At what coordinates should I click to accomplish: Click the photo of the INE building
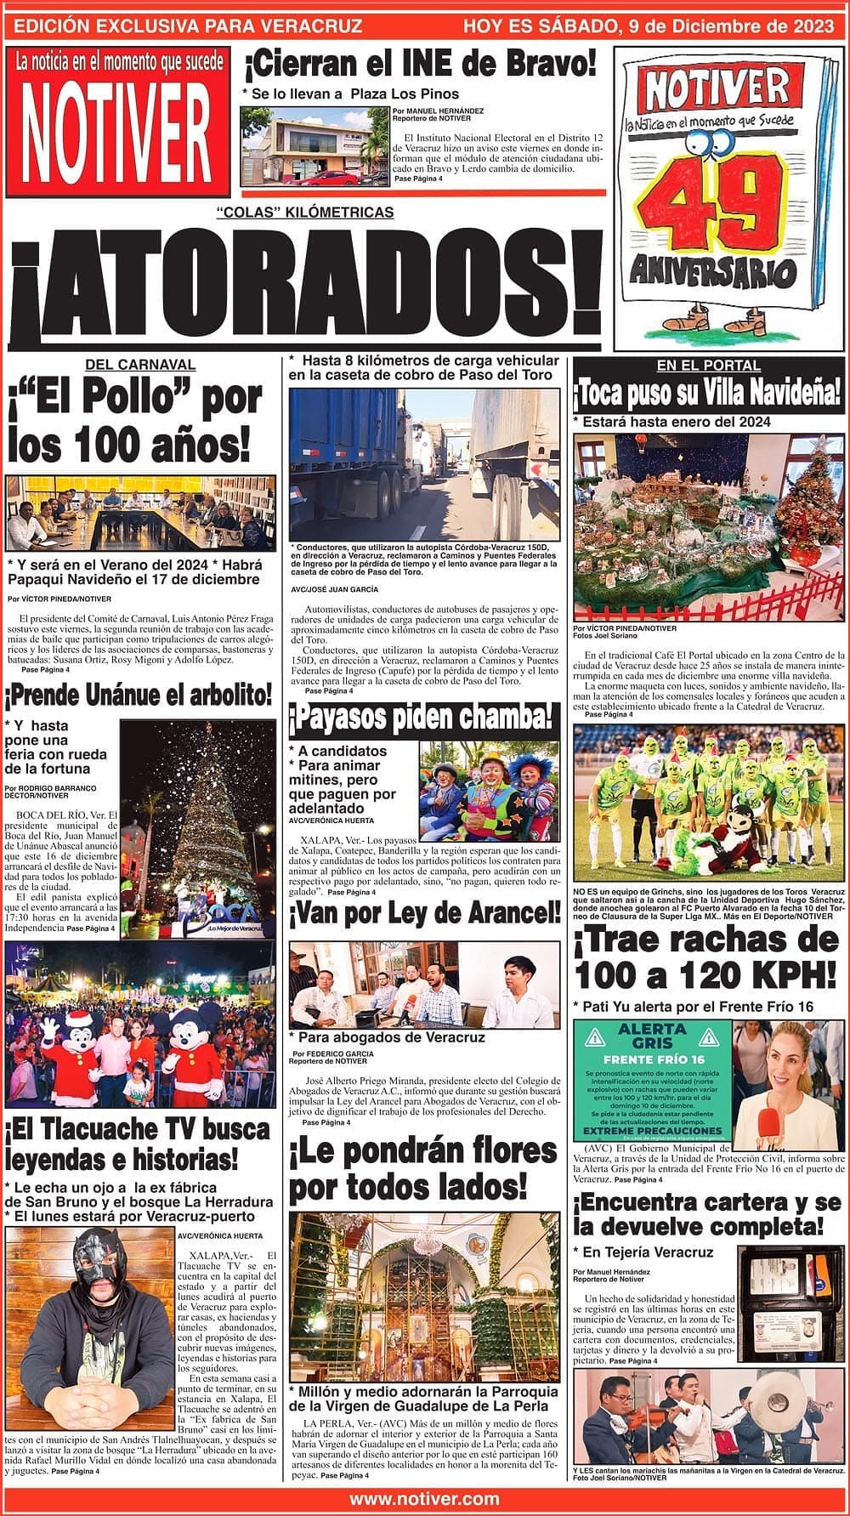pos(314,146)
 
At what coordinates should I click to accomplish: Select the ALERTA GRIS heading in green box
pos(652,1037)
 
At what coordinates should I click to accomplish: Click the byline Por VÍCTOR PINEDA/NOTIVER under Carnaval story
pos(59,599)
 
